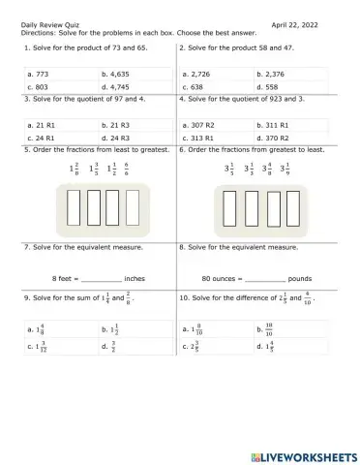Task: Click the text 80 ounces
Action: click(x=218, y=278)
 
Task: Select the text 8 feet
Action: click(x=65, y=278)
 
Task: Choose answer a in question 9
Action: click(x=38, y=329)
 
